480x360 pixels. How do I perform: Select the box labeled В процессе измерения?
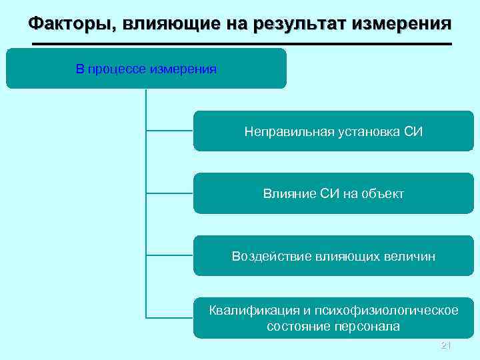[x=146, y=69]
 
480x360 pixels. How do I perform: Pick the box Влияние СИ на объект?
[x=333, y=193]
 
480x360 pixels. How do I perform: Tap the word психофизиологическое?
[x=386, y=311]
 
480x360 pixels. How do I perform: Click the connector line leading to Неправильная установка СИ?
[x=169, y=131]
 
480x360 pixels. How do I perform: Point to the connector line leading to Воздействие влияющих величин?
[x=169, y=256]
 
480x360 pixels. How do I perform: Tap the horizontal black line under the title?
[x=241, y=44]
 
